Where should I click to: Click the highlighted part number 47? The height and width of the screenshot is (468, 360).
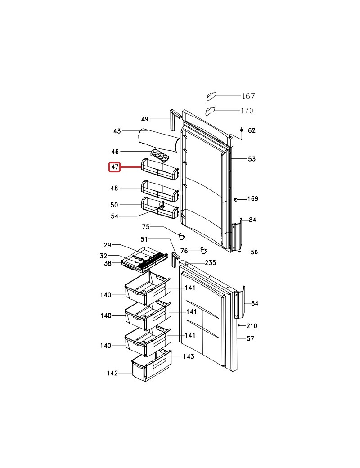point(115,167)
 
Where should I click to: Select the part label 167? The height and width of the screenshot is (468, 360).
point(248,96)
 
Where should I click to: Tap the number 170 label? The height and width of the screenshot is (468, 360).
point(247,111)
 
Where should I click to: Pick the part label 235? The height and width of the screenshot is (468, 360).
point(210,263)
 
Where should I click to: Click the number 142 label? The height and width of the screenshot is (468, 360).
point(112,373)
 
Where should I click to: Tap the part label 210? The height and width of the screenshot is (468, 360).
point(252,326)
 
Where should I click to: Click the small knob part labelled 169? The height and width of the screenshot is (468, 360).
point(235,199)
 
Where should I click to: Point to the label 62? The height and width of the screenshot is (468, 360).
point(252,130)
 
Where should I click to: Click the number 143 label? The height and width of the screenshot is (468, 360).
point(188,356)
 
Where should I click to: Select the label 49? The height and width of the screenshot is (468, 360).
point(144,119)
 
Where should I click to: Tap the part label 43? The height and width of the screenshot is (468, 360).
point(117,131)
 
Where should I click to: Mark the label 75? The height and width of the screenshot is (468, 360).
point(146,227)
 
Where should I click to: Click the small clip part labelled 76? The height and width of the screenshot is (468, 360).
point(203,249)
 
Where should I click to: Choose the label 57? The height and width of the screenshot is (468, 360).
point(251,338)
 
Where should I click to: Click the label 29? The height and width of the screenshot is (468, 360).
point(107,245)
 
